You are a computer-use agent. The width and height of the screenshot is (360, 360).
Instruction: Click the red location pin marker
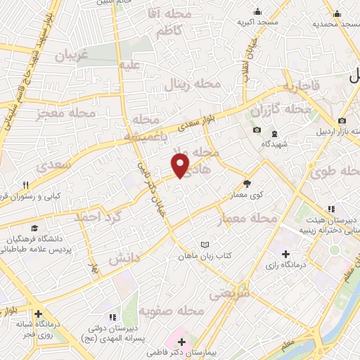coord(181,166)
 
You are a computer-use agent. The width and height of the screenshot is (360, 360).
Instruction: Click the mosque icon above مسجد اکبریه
coord(258,12)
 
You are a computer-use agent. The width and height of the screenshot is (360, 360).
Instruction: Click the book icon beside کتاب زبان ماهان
coord(205,245)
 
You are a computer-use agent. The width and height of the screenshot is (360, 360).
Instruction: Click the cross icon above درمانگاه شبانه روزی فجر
coord(38,314)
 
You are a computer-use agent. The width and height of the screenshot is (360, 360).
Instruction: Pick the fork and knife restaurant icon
coord(25,185)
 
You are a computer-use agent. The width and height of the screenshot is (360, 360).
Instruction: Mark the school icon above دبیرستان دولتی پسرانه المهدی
coord(112,318)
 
